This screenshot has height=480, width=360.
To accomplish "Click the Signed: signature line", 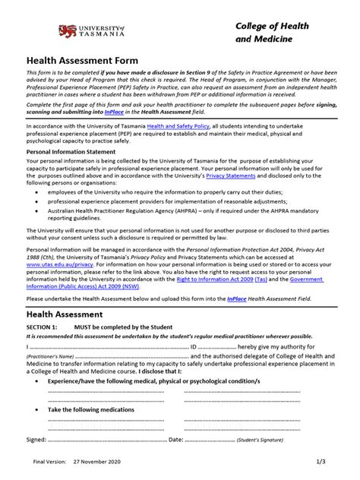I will click(x=91, y=439).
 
